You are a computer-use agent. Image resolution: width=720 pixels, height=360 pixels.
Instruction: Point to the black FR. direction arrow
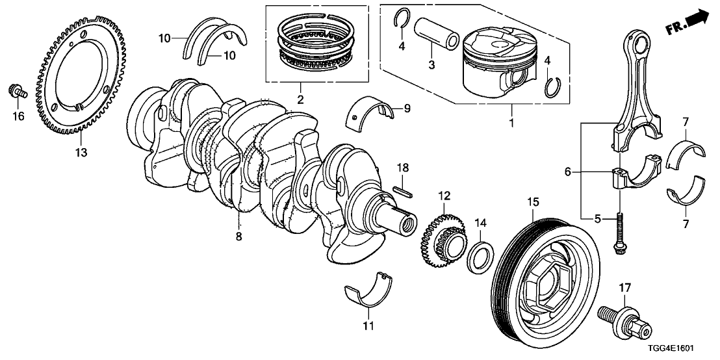click(x=696, y=19)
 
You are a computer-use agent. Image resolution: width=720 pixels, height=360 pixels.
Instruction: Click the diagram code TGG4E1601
click(x=682, y=350)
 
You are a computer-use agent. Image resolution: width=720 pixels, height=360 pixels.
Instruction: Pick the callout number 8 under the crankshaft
click(x=238, y=237)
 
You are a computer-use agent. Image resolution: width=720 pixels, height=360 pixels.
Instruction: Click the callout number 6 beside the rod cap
click(x=568, y=173)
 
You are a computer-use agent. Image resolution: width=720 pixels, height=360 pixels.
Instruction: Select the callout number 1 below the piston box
click(x=511, y=122)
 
